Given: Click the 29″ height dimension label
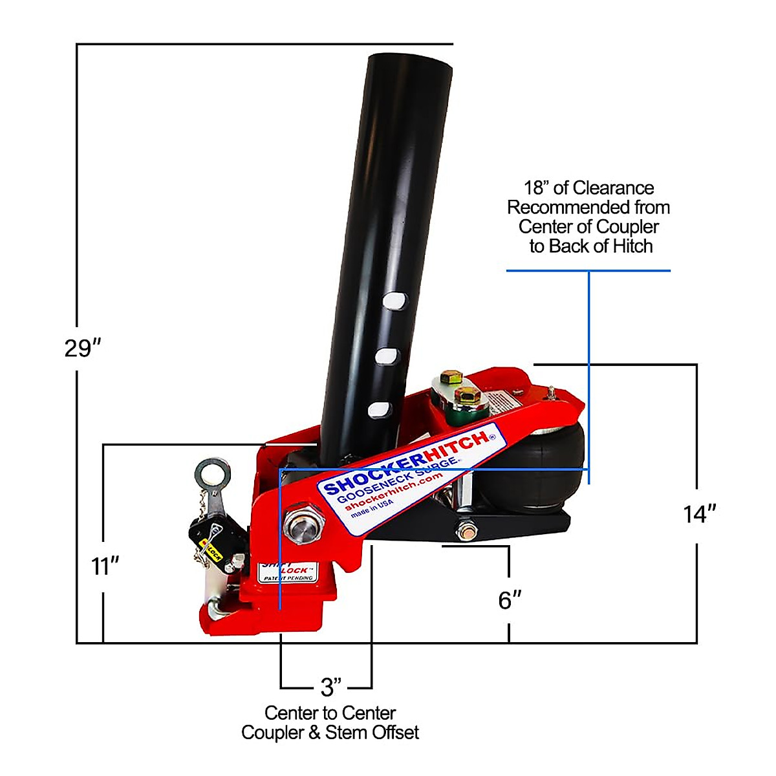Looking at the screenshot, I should click(x=83, y=348).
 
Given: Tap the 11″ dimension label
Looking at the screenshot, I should click(x=105, y=566).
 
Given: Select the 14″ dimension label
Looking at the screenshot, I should click(x=700, y=514).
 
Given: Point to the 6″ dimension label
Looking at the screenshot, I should click(x=510, y=600).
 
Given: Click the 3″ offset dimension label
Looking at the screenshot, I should click(x=330, y=687).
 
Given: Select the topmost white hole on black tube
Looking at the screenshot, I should click(x=395, y=301).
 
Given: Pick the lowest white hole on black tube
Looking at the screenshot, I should click(x=379, y=409).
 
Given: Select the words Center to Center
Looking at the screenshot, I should click(x=330, y=713).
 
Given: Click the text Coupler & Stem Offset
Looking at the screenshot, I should click(x=330, y=733).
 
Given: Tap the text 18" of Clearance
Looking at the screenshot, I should click(x=588, y=188).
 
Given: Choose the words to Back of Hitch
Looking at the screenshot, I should click(x=591, y=246).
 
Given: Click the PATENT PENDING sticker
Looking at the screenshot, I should click(x=288, y=574).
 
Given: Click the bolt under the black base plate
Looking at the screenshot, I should click(x=466, y=533).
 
